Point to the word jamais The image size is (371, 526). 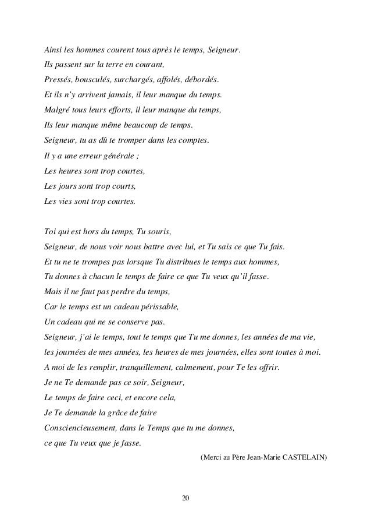click(x=112, y=94)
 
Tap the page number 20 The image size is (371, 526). click(x=185, y=499)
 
